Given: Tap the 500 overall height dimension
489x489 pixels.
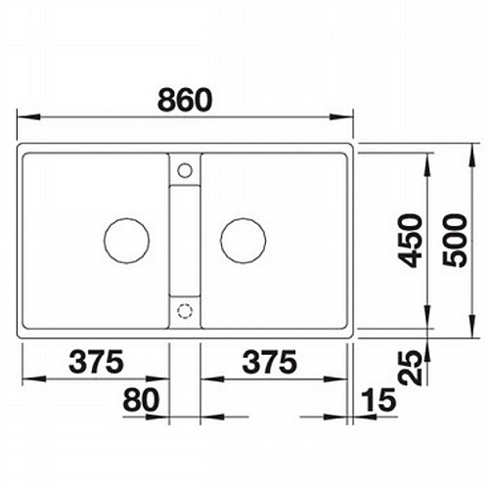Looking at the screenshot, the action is (455, 241).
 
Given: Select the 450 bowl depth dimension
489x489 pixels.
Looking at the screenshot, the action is (410, 241).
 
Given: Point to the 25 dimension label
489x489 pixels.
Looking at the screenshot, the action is (410, 368).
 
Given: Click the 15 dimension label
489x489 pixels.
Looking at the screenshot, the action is (378, 399).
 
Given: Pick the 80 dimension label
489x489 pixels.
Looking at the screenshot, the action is (141, 399).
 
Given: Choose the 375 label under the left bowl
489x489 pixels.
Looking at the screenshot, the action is (96, 361).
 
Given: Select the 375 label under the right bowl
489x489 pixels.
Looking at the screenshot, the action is (270, 361).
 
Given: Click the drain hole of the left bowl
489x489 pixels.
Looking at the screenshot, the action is (126, 241).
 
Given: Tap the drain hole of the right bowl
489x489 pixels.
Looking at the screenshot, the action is (243, 241).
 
